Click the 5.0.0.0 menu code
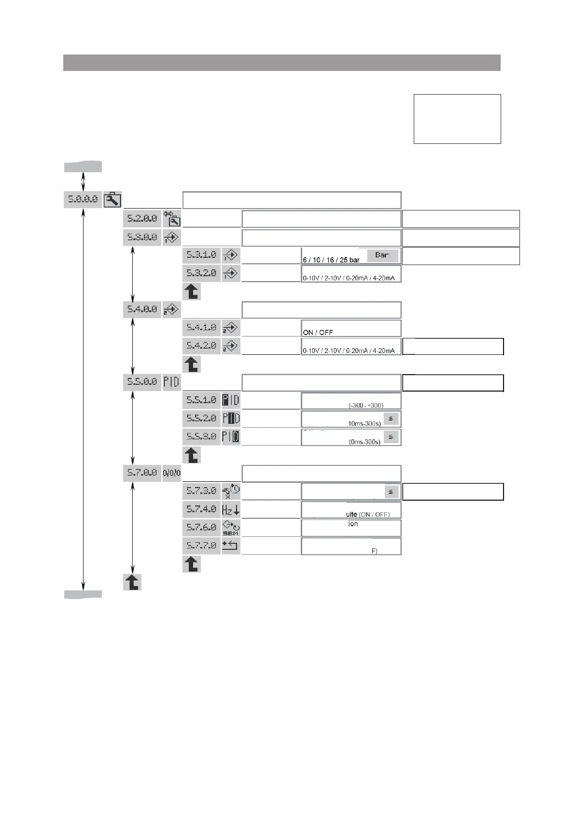[83, 199]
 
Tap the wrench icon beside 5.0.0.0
[112, 199]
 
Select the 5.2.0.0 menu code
[142, 219]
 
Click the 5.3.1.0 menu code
[201, 255]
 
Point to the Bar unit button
[382, 255]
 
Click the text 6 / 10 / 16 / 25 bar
[331, 260]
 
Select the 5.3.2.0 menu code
[201, 273]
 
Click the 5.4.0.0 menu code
[142, 309]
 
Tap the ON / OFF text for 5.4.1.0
[318, 332]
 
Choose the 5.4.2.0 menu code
[201, 346]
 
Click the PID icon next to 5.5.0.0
[171, 382]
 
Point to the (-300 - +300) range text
[366, 406]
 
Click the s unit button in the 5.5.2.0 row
[391, 418]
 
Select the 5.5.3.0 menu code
[201, 436]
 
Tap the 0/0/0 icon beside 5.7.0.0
[171, 473]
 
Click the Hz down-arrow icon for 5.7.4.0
[231, 509]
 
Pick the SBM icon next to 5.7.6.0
[231, 527]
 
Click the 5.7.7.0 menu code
[201, 546]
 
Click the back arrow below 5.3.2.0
[192, 292]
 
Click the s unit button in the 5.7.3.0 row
[391, 491]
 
